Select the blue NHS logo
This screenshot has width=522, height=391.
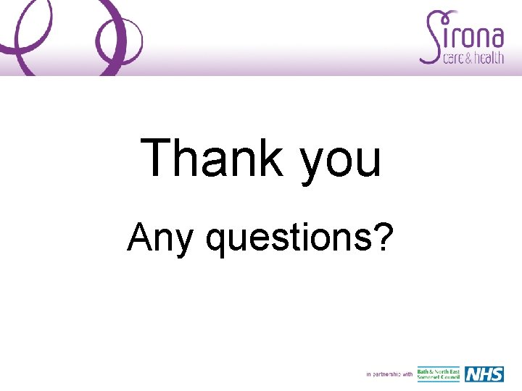click(484, 374)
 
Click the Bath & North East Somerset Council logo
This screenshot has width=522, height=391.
click(438, 374)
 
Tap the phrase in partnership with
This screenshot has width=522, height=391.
click(389, 374)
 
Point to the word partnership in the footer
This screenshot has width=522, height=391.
click(385, 374)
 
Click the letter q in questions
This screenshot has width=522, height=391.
click(217, 241)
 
